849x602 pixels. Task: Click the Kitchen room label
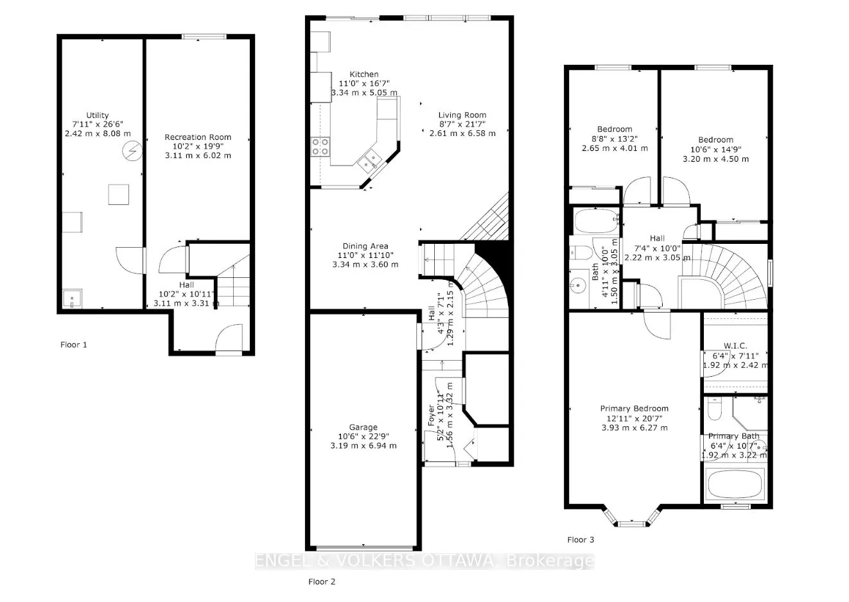[363, 74]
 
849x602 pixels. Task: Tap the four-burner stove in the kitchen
[320, 147]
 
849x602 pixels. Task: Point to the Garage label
[363, 427]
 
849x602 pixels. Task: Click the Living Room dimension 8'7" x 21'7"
[462, 125]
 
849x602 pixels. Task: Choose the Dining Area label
[364, 246]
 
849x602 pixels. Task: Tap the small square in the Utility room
[119, 194]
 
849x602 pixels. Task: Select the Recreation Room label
[198, 137]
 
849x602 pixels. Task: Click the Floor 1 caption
[74, 345]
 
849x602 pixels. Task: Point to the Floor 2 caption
[322, 582]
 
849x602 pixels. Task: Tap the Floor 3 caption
[581, 540]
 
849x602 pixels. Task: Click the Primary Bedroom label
[634, 409]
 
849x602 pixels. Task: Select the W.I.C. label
[734, 346]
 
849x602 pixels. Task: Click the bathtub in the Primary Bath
[735, 485]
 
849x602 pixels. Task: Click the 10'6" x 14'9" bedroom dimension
[715, 150]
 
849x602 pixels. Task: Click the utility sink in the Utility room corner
[72, 299]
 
